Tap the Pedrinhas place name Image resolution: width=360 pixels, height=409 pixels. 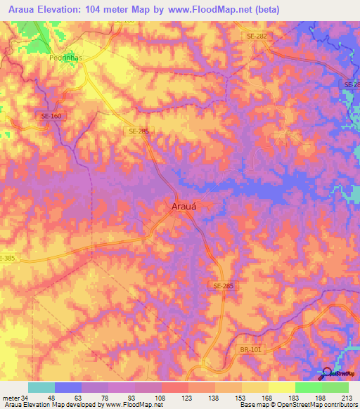pos(67,59)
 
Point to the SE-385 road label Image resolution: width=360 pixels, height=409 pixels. pos(7,259)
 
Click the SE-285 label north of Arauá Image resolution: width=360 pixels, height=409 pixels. pos(139,131)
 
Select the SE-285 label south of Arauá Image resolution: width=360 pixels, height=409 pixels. pos(222,286)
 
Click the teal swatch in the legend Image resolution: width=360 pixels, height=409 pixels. pos(41,387)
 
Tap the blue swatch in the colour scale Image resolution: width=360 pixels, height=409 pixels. pos(68,387)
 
